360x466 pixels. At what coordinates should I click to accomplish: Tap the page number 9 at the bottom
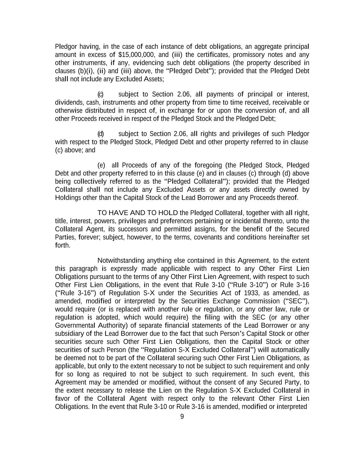click(182, 416)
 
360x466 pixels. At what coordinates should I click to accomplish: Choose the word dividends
click(67, 102)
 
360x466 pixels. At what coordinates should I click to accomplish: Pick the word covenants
click(208, 237)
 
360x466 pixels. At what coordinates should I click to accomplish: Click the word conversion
click(261, 111)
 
